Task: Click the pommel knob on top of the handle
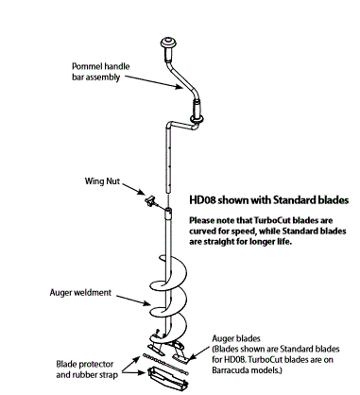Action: [171, 42]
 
